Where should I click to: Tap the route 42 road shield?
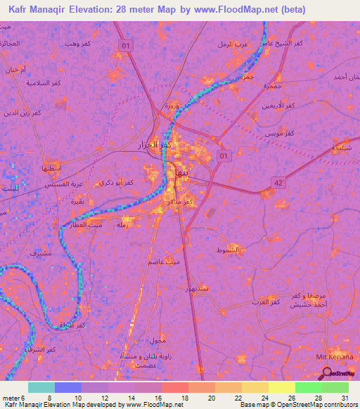click(x=279, y=183)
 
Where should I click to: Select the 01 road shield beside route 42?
click(x=224, y=155)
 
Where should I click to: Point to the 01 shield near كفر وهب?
click(x=127, y=46)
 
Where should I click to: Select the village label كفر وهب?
click(x=77, y=44)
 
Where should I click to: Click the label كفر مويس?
click(x=279, y=131)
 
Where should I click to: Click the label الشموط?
click(x=229, y=249)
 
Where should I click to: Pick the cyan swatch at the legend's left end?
click(x=41, y=387)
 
